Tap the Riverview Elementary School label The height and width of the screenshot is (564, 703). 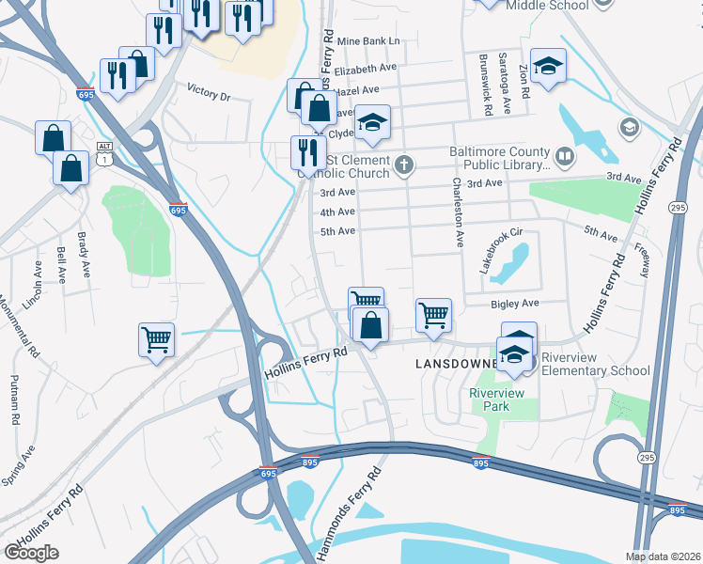coord(590,364)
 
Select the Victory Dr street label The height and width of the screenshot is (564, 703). coord(209,94)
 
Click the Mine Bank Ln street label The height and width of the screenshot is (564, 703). coord(367,41)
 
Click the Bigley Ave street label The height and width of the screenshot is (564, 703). coord(515,304)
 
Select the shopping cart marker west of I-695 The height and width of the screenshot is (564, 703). coord(156,339)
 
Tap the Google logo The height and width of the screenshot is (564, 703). coord(31,553)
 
